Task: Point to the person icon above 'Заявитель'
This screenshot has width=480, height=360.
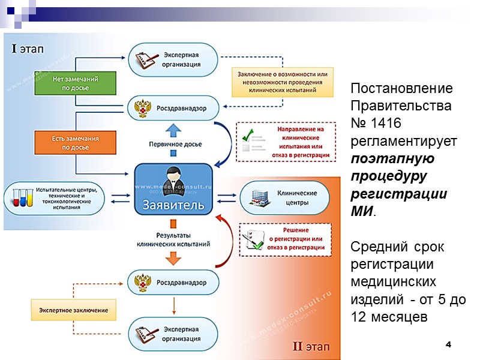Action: (x=173, y=176)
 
